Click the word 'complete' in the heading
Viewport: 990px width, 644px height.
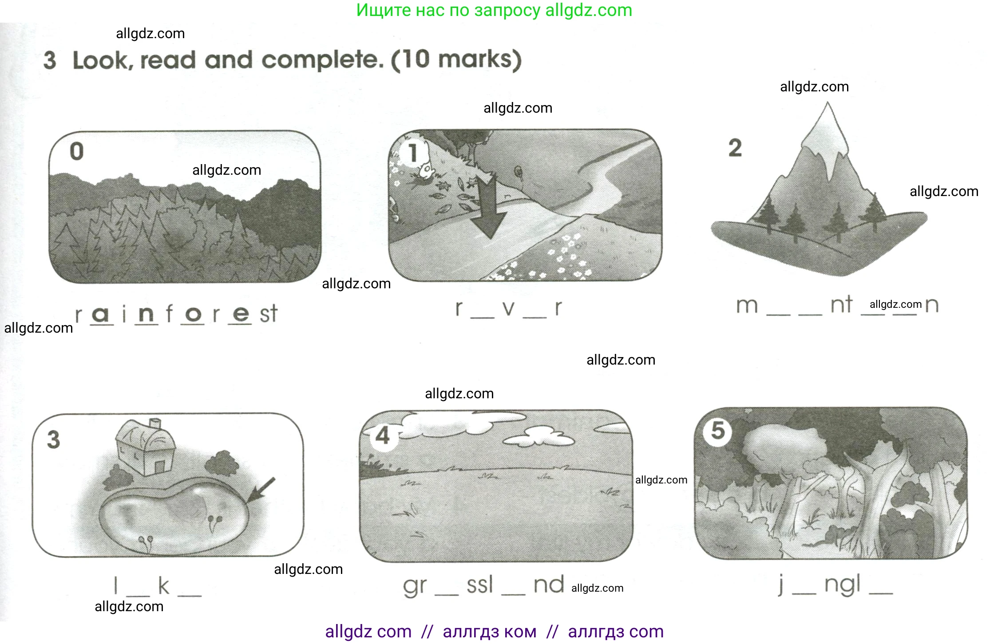pos(322,60)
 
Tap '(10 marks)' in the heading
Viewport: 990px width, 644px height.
pos(456,60)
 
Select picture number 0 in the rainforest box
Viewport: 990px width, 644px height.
pos(77,151)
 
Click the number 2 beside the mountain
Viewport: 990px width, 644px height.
pos(735,148)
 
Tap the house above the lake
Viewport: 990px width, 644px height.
pos(146,447)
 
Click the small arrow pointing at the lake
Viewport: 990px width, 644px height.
pos(261,490)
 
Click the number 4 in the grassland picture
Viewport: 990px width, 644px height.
pos(383,436)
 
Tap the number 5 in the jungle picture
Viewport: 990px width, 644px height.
pos(718,431)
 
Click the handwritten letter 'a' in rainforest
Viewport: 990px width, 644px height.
pos(101,314)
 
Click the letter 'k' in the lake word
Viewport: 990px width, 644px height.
pos(163,585)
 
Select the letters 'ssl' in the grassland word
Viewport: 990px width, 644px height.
pos(480,585)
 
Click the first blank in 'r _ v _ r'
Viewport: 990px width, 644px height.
pos(482,317)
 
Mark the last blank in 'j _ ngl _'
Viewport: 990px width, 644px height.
pos(881,593)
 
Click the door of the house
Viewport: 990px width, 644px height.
pos(159,467)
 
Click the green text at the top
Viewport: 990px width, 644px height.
pos(494,10)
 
